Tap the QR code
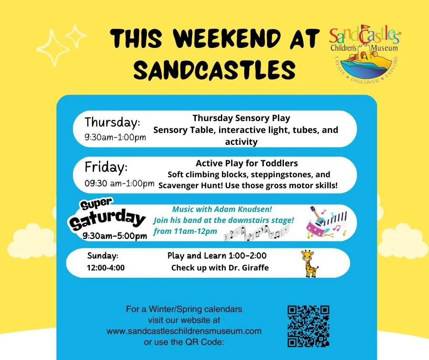(308, 326)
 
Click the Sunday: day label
(103, 255)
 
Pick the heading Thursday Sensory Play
(241, 118)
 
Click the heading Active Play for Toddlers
(246, 163)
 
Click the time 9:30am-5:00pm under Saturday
(115, 236)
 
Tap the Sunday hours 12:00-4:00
(105, 268)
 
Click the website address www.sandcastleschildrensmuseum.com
(184, 330)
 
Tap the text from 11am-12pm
(185, 231)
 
